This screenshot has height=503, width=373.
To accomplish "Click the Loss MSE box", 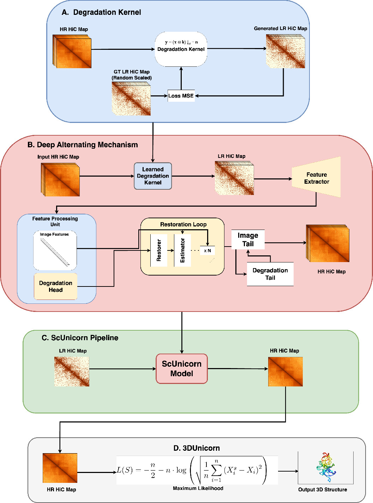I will [181, 96].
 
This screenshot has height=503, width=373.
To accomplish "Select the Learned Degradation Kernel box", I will [153, 176].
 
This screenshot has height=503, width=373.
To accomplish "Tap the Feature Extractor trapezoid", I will [317, 178].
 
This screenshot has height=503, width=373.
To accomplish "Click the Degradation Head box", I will [56, 286].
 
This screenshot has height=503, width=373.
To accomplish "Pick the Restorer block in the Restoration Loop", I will [159, 250].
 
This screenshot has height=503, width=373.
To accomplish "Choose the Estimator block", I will [182, 250].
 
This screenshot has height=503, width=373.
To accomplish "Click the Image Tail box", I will [248, 239].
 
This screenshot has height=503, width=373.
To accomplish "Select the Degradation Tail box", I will [270, 274].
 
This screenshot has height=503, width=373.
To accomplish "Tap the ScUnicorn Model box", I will [182, 369].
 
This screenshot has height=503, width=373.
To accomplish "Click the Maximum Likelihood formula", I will [197, 470].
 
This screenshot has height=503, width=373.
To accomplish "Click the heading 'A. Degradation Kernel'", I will [101, 12].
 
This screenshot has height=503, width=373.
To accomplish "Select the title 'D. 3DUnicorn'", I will [197, 448].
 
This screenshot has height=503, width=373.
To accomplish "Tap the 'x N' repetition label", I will [207, 250].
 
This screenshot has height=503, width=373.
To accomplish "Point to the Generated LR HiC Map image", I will [285, 51].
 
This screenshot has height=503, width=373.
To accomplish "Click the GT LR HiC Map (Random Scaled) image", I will [131, 99].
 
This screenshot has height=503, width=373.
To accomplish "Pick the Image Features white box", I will [55, 250].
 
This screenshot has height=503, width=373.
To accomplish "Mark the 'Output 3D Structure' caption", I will [323, 490].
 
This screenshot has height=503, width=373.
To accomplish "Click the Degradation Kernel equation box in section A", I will [181, 49].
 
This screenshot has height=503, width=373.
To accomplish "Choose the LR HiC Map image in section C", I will [72, 371].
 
